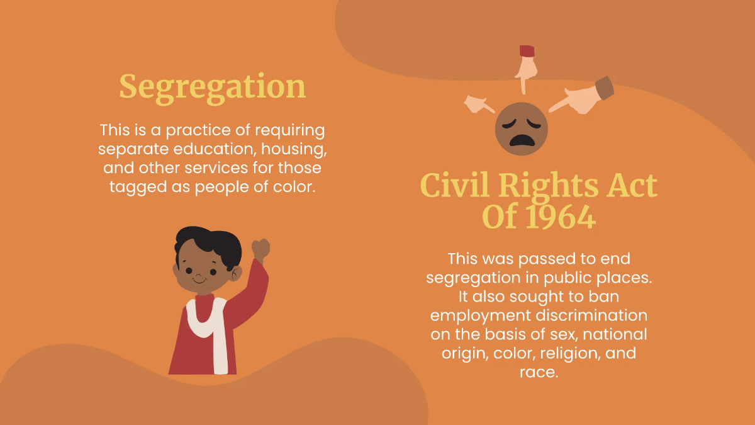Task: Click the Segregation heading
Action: [213, 87]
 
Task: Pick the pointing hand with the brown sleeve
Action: [585, 96]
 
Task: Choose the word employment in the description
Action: [481, 315]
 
